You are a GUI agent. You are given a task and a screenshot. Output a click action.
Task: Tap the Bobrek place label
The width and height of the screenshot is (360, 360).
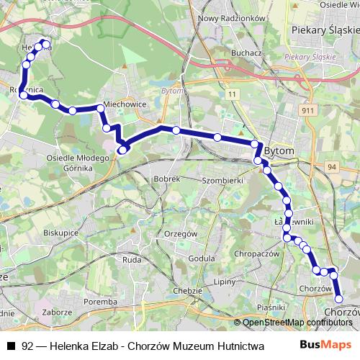point(166,178)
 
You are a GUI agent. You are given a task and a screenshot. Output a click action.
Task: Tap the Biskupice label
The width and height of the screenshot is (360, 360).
point(61,233)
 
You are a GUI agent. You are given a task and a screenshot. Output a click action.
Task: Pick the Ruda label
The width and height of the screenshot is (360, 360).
point(131,259)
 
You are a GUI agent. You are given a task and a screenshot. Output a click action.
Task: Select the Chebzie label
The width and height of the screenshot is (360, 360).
point(188,290)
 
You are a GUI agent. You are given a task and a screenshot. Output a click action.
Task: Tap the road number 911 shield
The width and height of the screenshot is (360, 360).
point(307,110)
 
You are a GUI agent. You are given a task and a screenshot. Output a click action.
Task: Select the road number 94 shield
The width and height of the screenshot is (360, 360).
point(332,167)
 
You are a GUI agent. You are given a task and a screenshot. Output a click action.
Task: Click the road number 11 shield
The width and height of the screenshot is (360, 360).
point(233,94)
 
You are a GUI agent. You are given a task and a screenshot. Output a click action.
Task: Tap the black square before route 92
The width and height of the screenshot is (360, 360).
point(11,346)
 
